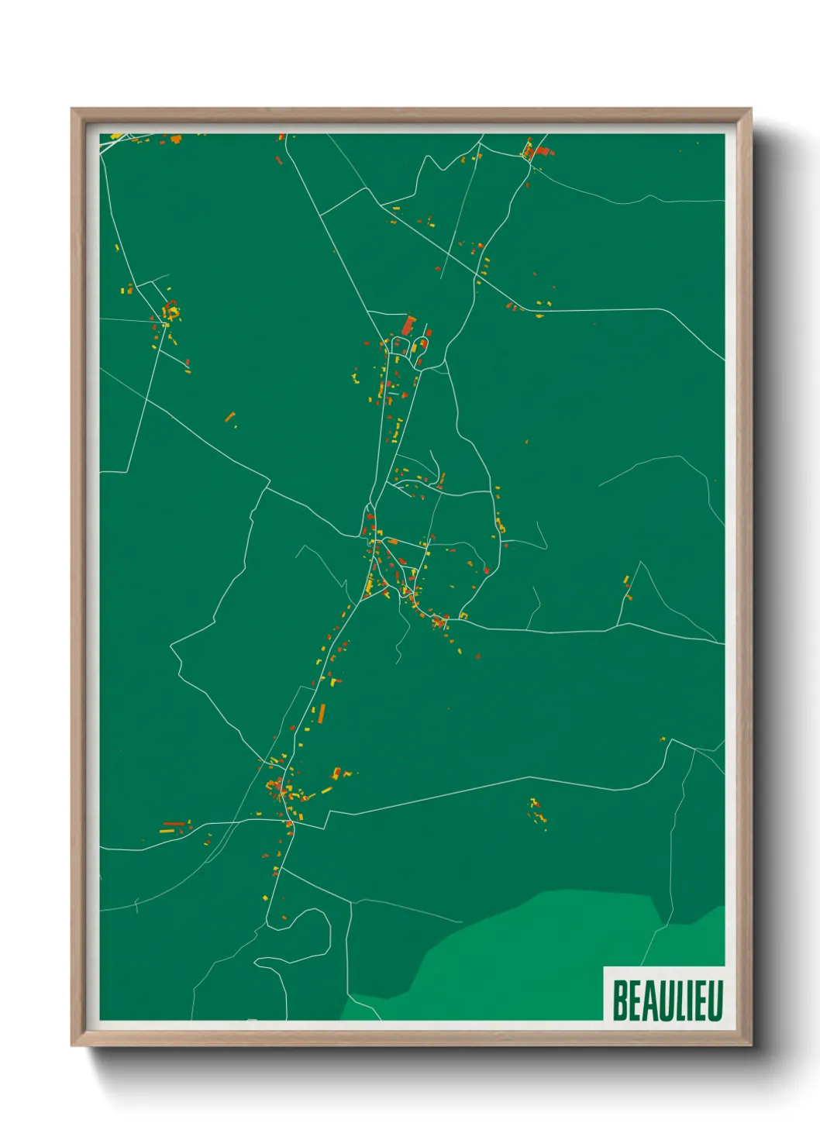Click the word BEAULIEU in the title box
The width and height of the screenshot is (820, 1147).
[x=667, y=1000]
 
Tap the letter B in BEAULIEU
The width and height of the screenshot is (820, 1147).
[x=619, y=1000]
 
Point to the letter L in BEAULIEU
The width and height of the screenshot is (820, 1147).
[x=678, y=1000]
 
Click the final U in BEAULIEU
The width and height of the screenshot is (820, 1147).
[x=715, y=1000]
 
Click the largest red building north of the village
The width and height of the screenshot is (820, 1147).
[x=408, y=325]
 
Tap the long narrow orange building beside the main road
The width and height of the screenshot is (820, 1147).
[x=322, y=713]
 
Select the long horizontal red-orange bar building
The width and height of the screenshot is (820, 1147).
[x=174, y=824]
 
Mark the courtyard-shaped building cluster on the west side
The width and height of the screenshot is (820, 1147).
[x=171, y=312]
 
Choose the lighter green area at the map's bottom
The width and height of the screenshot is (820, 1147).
[x=543, y=961]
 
